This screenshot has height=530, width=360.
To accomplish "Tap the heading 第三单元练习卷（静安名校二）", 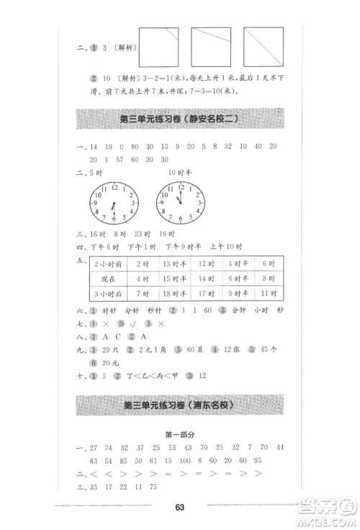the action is point(179,119).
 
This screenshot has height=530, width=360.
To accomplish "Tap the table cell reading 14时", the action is point(207,278).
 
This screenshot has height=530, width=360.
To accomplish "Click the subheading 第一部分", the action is point(179,435).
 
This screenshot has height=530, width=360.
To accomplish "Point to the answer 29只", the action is point(109,349).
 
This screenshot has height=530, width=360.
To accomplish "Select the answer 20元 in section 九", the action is point(110,363).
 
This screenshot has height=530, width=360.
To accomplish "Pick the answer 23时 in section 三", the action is point(141,233).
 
